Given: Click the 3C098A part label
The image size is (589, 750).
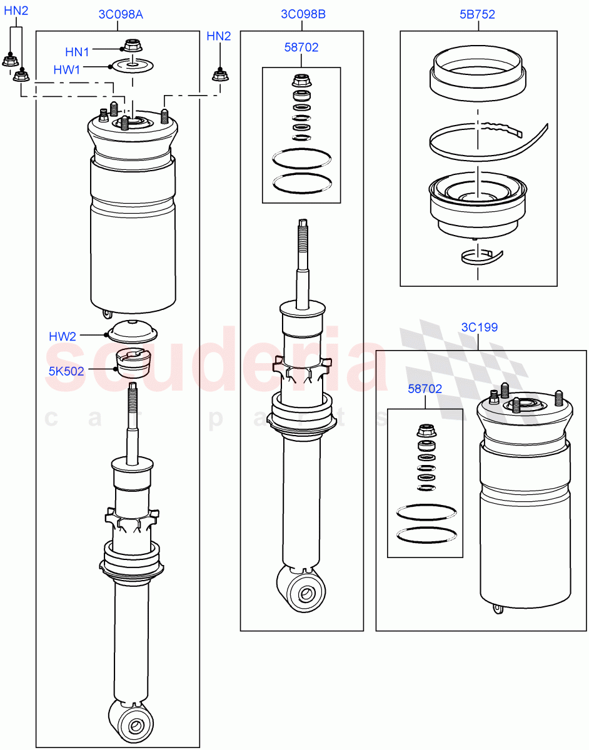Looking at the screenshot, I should tap(120, 14).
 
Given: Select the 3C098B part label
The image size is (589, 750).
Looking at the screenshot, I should tap(303, 14).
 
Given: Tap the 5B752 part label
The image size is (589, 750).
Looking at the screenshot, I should tap(478, 14).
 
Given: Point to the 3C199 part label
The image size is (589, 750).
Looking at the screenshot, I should tap(479, 327).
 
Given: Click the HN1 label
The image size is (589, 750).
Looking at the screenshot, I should tap(77, 51).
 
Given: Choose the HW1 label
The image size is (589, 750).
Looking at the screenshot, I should tap(67, 70).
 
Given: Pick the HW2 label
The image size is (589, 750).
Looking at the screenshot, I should tap(63, 337).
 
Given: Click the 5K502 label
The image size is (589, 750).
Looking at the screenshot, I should tap(66, 369).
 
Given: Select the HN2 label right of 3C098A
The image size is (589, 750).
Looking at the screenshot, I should tap(218, 36).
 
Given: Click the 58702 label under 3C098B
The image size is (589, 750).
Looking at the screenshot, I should tap(301, 47).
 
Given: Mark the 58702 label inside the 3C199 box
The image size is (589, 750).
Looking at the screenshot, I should tap(425, 389).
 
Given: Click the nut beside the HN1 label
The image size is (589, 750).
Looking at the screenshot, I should tap(131, 46).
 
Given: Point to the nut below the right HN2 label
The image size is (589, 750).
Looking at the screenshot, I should tap(219, 76).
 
